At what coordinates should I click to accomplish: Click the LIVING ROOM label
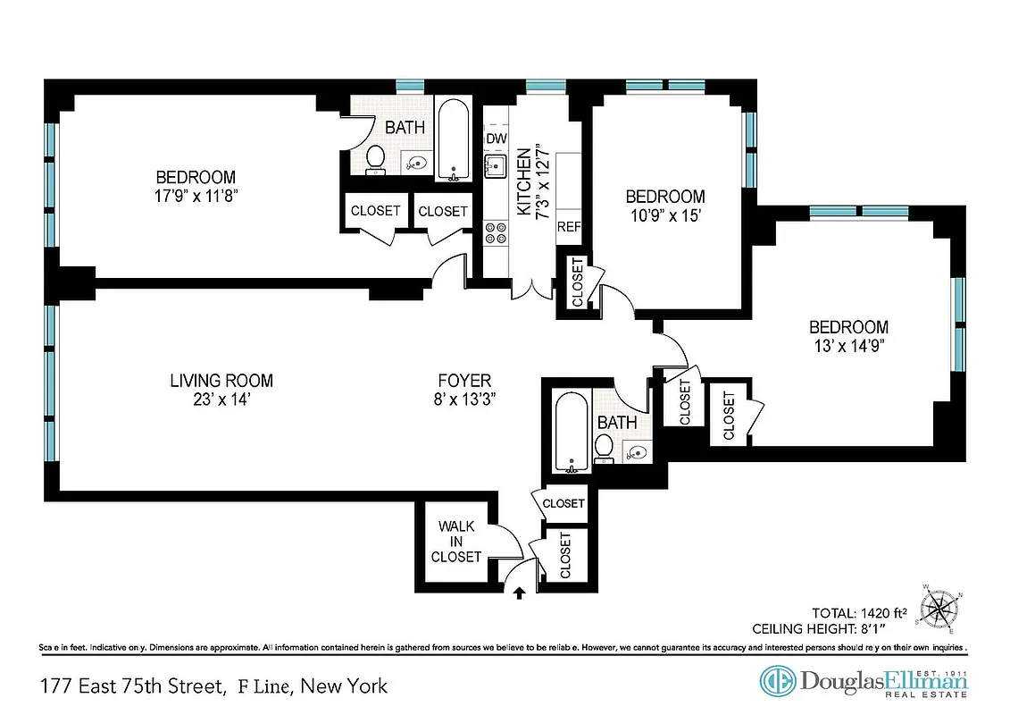pos(221,381)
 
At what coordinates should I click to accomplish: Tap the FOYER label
pos(463,381)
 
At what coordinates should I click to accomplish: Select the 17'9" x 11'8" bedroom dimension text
pos(196,195)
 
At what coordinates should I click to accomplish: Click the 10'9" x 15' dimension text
pos(664,214)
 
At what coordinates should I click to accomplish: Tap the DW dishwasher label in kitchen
pos(496,139)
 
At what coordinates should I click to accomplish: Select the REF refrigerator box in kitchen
pos(569,227)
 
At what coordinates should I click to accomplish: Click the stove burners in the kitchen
pos(496,233)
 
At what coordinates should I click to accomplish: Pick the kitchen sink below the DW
pos(495,166)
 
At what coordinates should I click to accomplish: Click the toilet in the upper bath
pos(375,159)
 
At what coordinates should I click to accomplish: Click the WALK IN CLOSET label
pos(456,542)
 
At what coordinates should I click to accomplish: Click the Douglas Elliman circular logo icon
pos(776,681)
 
